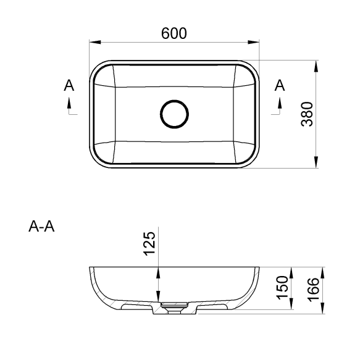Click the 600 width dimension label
[174, 33]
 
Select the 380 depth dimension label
[307, 114]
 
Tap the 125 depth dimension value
[149, 243]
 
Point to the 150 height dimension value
[282, 288]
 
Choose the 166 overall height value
[313, 290]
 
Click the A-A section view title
[41, 227]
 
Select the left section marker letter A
[69, 85]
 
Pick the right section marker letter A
[280, 85]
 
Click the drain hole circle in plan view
[175, 101]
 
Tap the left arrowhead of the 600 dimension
[95, 42]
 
